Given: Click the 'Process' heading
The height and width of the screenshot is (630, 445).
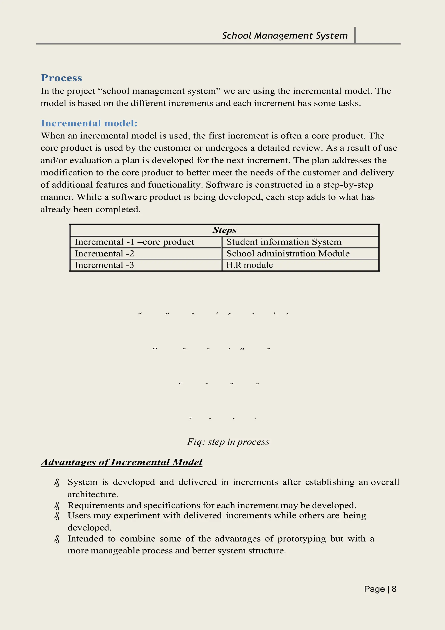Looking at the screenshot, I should click(x=61, y=78).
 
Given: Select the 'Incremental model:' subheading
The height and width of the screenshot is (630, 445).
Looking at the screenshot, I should click(x=89, y=123).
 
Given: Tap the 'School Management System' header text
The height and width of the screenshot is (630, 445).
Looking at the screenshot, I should click(x=285, y=36).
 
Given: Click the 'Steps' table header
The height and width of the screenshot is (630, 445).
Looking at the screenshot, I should click(x=224, y=230).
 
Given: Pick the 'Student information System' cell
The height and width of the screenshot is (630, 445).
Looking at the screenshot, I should click(x=284, y=242).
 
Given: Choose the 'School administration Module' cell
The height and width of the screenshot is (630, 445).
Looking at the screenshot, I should click(x=288, y=253).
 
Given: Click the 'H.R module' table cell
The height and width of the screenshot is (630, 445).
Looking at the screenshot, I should click(x=249, y=265).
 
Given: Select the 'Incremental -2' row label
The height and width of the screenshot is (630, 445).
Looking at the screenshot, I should click(x=105, y=253).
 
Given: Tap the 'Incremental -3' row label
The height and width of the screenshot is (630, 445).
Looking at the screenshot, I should click(x=105, y=265).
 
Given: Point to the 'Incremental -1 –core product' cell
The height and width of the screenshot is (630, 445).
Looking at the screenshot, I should click(x=134, y=242).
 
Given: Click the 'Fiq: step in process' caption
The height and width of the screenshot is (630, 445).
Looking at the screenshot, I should click(x=228, y=442).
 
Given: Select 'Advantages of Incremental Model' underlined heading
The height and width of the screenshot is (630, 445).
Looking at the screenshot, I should click(x=121, y=462).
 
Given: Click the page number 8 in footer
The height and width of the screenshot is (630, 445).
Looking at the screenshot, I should click(x=394, y=589).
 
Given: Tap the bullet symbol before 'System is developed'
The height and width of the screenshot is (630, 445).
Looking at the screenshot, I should click(x=57, y=483).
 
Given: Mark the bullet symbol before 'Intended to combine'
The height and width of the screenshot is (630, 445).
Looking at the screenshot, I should click(x=57, y=539).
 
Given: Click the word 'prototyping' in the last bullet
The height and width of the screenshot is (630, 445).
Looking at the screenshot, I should click(x=302, y=539).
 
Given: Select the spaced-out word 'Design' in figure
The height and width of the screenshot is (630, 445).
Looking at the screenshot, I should click(x=212, y=348).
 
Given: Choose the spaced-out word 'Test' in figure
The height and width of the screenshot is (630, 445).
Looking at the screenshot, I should click(x=222, y=419).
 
